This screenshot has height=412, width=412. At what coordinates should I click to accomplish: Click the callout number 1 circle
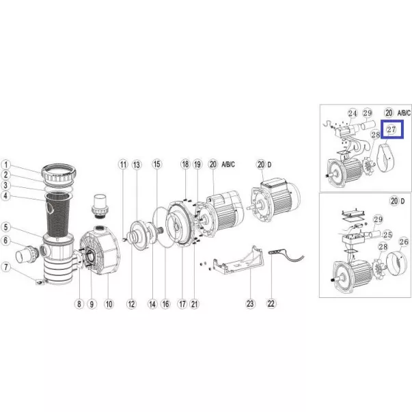[6, 165]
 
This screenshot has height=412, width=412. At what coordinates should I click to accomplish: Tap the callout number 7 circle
[6, 267]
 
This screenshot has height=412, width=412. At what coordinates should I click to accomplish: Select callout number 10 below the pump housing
[109, 304]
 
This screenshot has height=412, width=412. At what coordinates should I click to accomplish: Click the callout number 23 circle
[250, 304]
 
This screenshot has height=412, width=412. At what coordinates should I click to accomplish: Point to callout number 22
[271, 304]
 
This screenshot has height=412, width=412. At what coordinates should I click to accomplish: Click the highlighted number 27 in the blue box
[392, 129]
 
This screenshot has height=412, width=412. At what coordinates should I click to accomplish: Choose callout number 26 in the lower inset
[404, 242]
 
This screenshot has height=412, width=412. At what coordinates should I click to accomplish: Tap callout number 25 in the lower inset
[387, 234]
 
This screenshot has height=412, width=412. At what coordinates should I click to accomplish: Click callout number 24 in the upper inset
[353, 113]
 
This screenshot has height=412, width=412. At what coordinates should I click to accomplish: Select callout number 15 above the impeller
[156, 164]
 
